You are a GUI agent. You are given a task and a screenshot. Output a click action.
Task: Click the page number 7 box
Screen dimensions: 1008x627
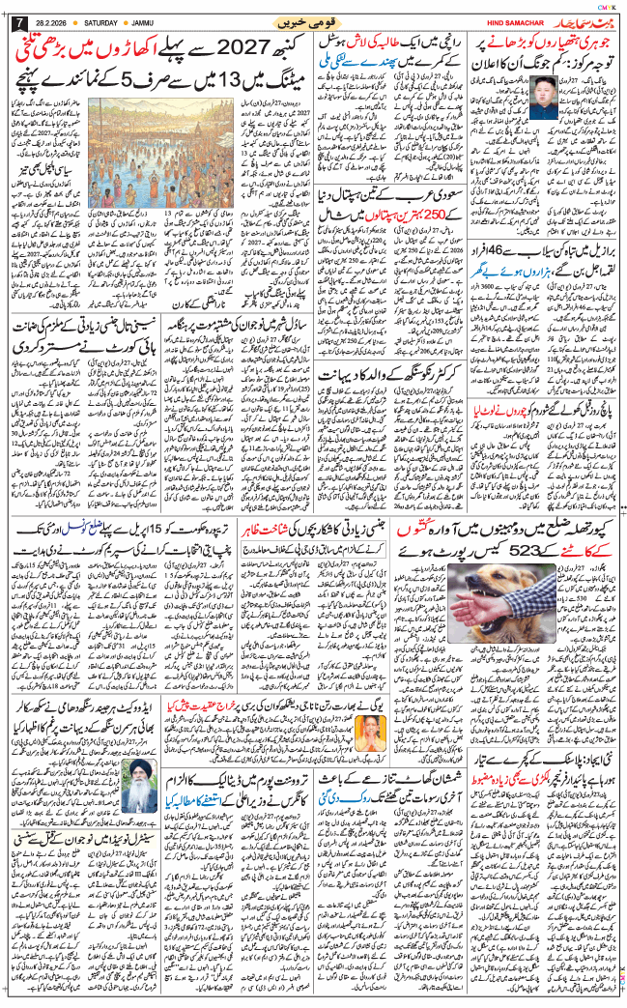tap(13, 22)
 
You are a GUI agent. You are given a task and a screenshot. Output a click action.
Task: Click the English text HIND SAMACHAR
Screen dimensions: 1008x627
tap(511, 22)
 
